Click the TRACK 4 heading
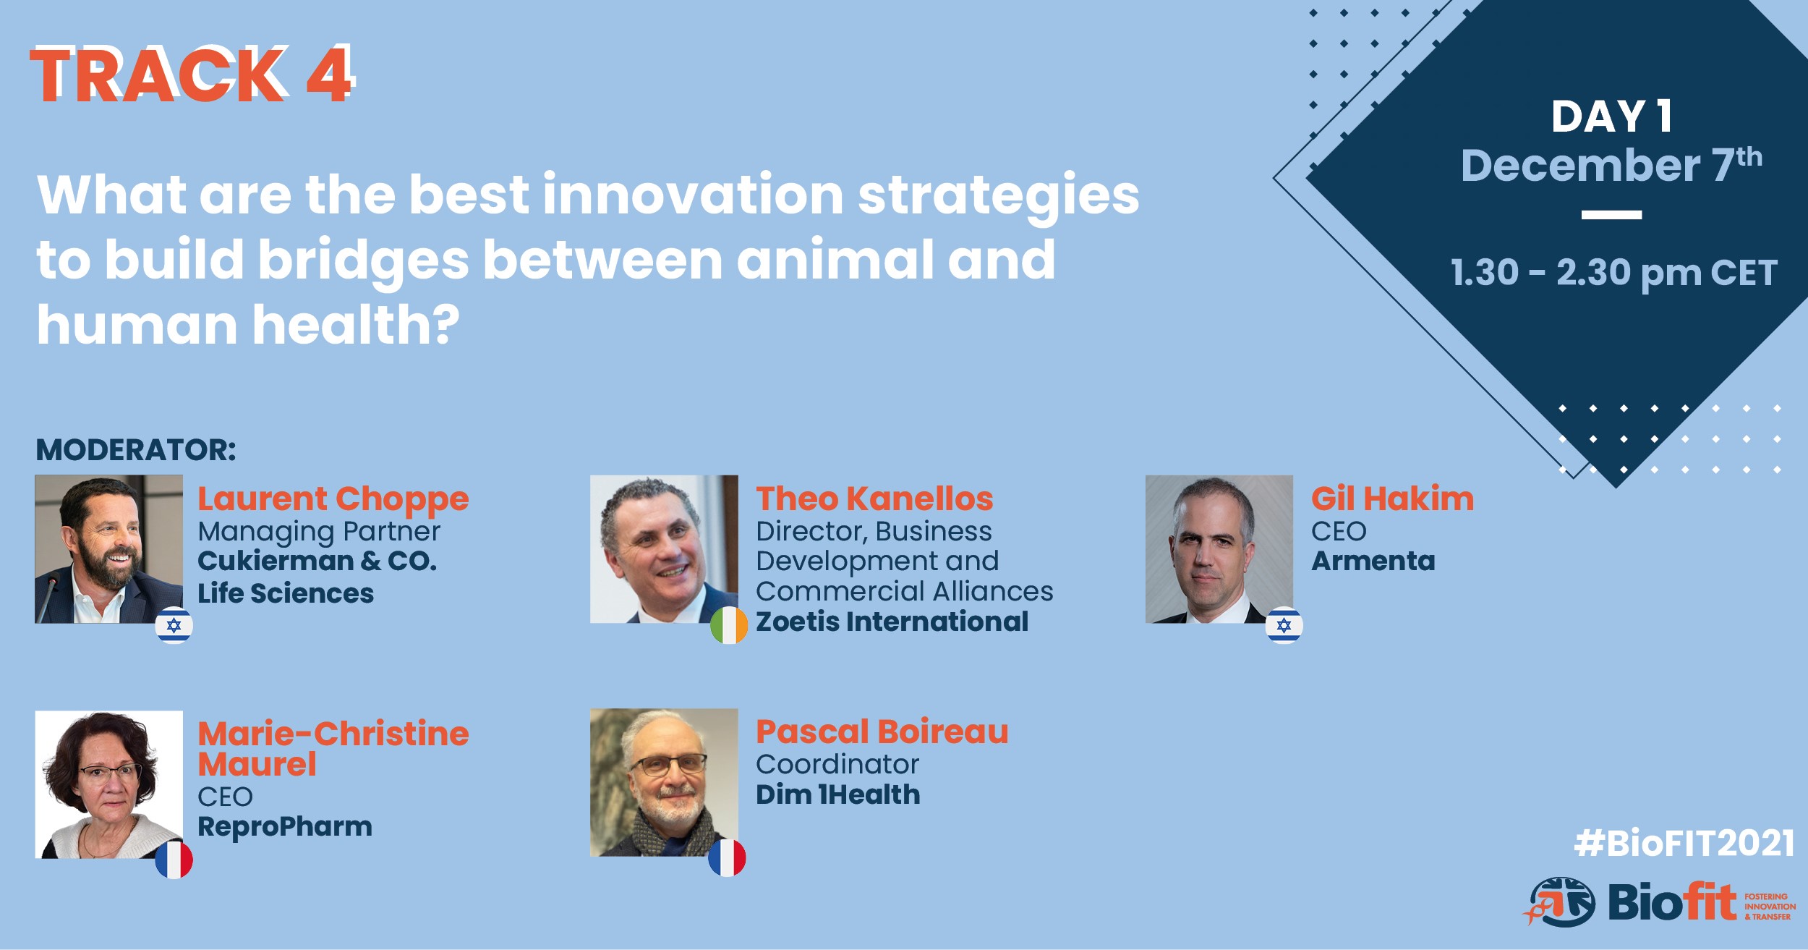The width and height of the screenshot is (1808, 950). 192,75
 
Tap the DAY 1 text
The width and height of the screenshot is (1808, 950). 1612,116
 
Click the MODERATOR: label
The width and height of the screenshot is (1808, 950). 136,450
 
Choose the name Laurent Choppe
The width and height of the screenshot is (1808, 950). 333,499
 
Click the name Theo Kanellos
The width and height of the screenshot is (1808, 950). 874,499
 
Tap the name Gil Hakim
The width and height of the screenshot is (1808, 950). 1392,499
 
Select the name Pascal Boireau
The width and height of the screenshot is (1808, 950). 882,731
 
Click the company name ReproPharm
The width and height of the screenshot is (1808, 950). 285,826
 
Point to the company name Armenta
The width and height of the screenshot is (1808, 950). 1373,561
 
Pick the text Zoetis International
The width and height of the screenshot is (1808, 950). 892,622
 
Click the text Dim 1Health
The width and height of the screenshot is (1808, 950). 838,794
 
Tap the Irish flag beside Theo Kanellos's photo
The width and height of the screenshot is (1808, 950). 728,626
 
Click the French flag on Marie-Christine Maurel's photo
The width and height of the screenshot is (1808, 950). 174,860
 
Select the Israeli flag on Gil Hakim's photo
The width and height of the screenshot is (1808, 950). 1284,625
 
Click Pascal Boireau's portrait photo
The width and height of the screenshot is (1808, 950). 664,782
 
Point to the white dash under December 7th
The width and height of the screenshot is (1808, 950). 1611,215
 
